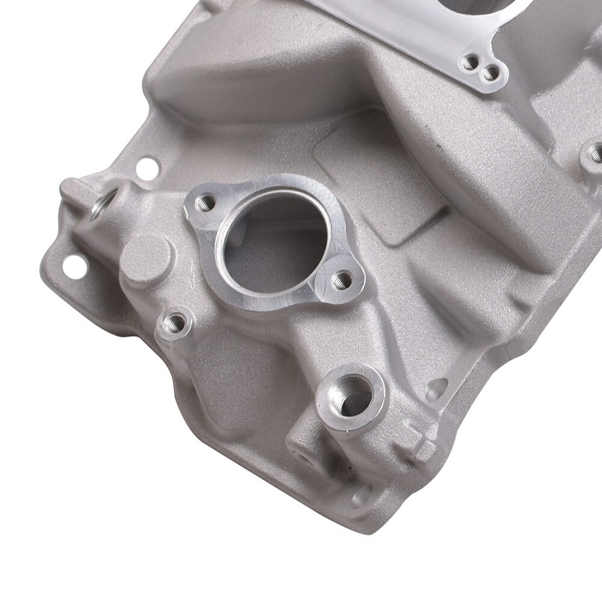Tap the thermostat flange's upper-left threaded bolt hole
pyautogui.click(x=204, y=203)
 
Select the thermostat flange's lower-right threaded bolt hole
pyautogui.click(x=342, y=280)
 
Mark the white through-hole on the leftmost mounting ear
pyautogui.click(x=73, y=266)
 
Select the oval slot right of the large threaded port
pyautogui.click(x=437, y=389)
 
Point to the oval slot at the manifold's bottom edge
pyautogui.click(x=362, y=496)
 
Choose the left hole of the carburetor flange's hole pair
pyautogui.click(x=469, y=62)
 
